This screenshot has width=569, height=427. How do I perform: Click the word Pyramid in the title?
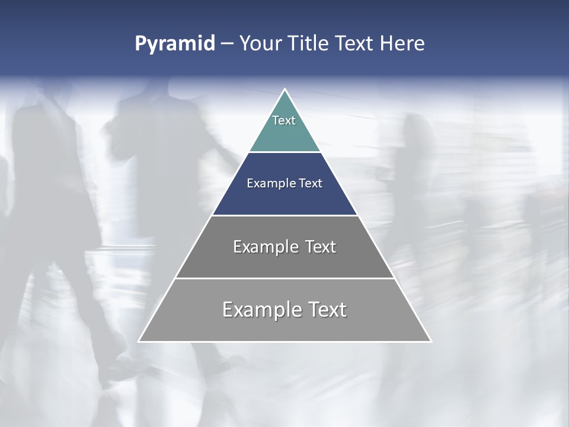click(174, 44)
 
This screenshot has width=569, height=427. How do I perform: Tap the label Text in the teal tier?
click(284, 120)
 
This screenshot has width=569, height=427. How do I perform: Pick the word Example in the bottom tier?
click(261, 310)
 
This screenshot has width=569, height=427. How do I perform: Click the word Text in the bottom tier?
click(327, 310)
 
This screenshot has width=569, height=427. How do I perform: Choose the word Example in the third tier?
click(265, 247)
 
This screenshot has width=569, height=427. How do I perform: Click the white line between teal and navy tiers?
click(284, 152)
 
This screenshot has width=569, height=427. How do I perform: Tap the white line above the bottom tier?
click(284, 278)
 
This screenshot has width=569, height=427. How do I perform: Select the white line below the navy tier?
click(284, 215)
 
